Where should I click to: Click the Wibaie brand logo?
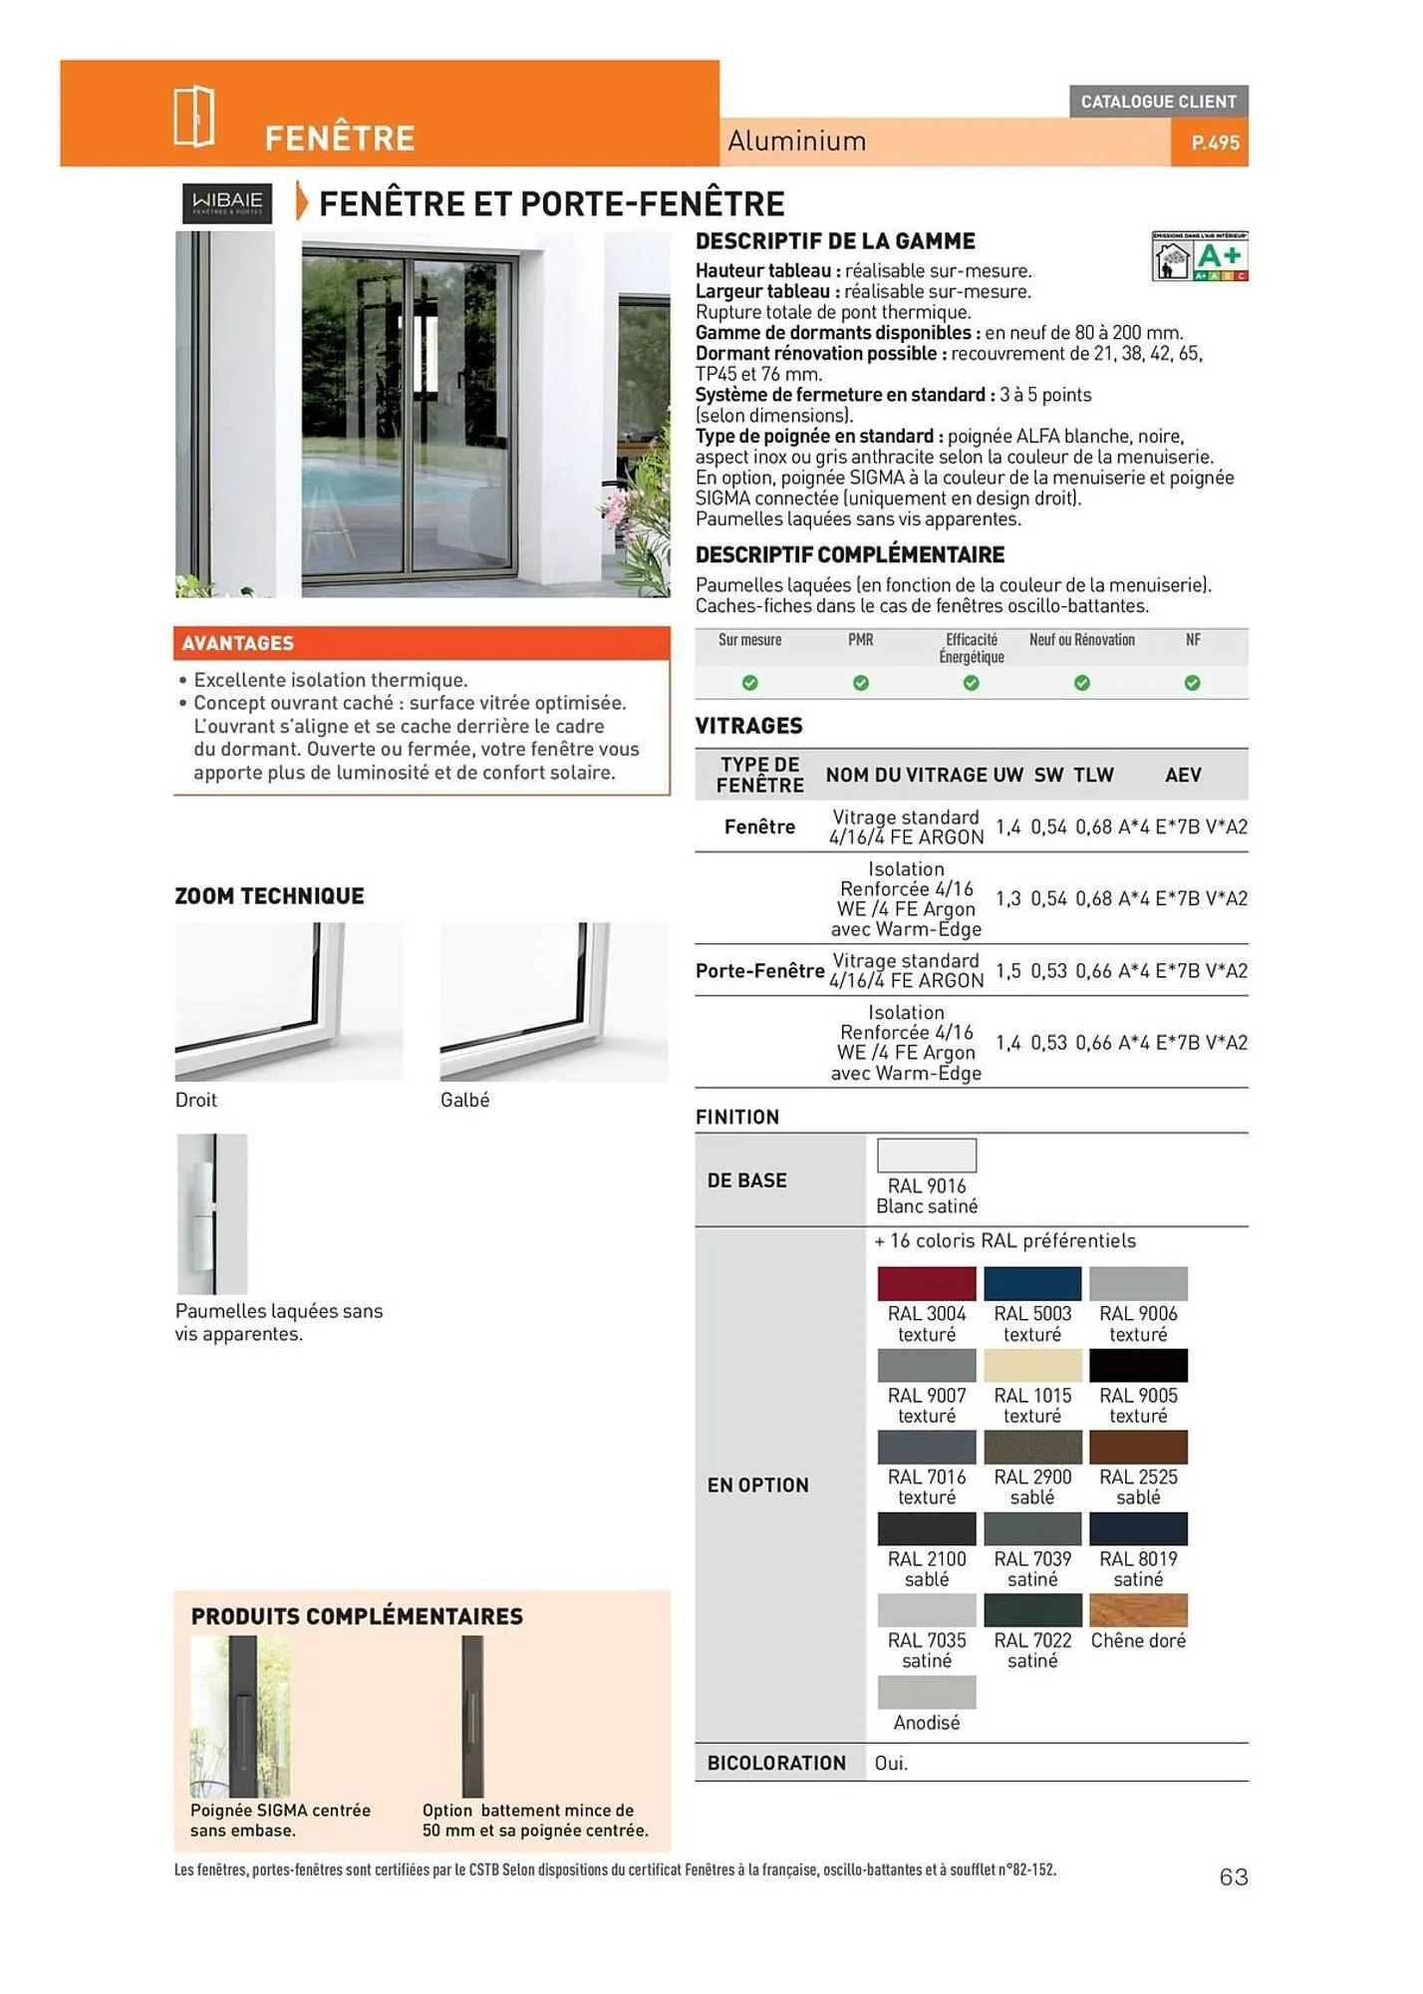coord(226,202)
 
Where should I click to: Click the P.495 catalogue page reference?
coord(1215,143)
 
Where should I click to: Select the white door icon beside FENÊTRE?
coord(194,116)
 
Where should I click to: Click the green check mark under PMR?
coord(861,683)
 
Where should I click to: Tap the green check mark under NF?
coord(1192,683)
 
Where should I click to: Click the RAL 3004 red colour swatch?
coord(926,1283)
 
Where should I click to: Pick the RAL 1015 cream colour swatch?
coord(1031,1365)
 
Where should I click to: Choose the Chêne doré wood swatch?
coord(1138,1610)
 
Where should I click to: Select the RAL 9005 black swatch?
coord(1138,1365)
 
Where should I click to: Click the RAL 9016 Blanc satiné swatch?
coord(926,1156)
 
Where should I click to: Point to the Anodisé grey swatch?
coord(926,1692)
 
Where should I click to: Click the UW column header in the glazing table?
coord(1007,775)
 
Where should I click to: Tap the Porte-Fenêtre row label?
coord(759,970)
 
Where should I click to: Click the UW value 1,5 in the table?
coord(1007,970)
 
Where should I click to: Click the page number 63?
coord(1234,1876)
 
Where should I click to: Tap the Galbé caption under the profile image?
coord(464,1100)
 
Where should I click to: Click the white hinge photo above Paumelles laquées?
coord(211,1213)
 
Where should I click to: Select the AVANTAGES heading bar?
coord(422,643)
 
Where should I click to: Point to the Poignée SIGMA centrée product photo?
coord(240,1716)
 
